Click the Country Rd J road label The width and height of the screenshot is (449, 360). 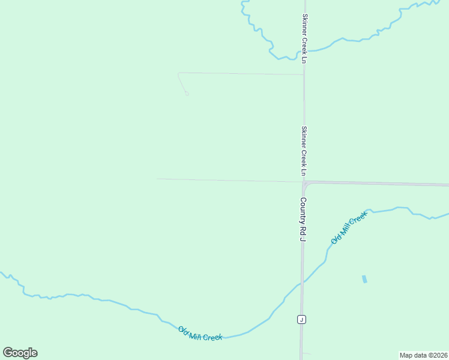tap(303, 220)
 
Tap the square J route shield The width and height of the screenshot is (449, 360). tap(301, 319)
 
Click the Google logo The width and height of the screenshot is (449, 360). tap(20, 353)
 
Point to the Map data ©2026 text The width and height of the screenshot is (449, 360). tap(423, 355)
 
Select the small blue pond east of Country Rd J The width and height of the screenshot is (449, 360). tap(364, 279)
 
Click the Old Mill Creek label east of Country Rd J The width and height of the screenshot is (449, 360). tap(349, 229)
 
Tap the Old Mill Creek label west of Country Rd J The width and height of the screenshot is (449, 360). tap(200, 334)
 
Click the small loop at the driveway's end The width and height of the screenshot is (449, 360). tap(187, 94)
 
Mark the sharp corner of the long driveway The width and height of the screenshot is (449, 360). tap(178, 74)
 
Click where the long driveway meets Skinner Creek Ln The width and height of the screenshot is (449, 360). tap(303, 75)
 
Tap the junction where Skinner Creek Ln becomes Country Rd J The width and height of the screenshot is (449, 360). tap(304, 181)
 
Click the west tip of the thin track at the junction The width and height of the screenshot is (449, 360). tap(157, 179)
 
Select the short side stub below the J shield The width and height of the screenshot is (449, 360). tap(306, 353)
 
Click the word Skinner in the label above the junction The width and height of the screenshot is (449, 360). tap(304, 136)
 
